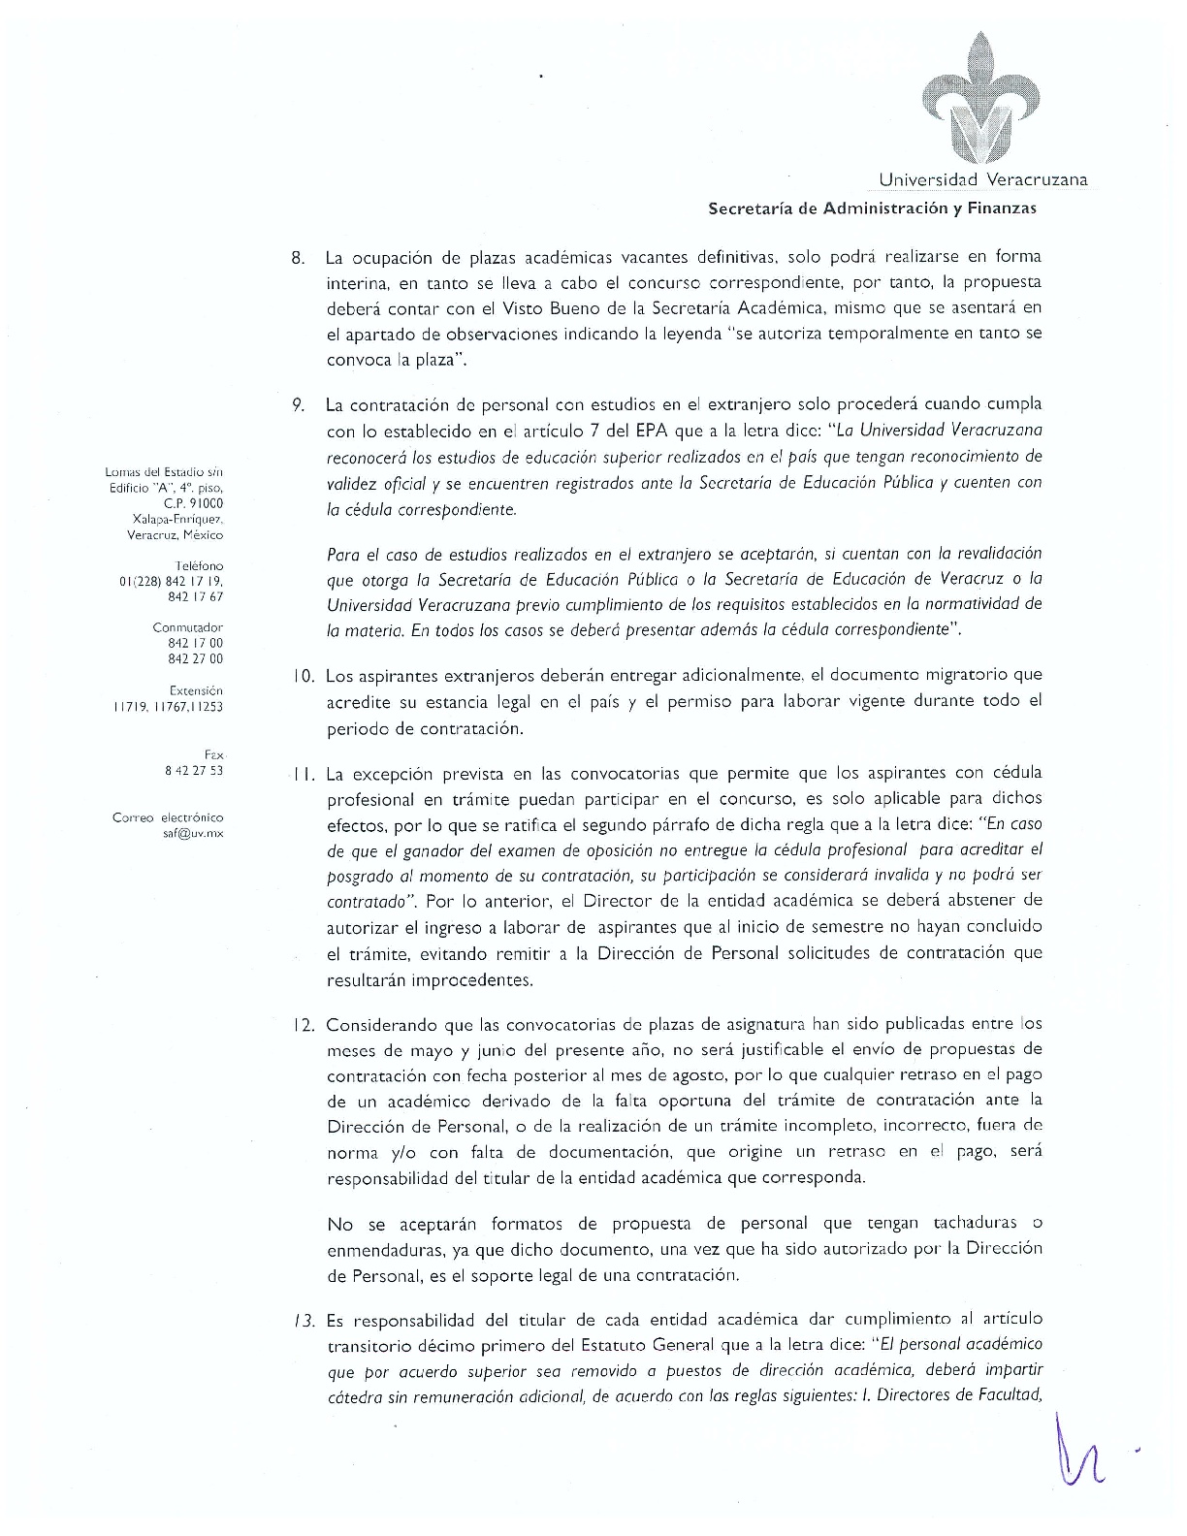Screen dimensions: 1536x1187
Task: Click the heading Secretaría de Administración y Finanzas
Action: point(872,208)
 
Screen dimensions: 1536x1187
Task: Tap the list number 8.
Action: point(298,258)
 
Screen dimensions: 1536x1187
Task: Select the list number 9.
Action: point(299,404)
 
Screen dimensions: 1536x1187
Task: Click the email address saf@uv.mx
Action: point(193,833)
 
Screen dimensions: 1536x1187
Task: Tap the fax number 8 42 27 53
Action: point(194,770)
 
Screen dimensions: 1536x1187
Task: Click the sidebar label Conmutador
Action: point(195,627)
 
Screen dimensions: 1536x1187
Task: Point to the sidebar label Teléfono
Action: point(199,565)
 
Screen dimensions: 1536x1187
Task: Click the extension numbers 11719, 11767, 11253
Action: point(168,706)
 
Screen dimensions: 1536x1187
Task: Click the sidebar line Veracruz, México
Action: point(176,534)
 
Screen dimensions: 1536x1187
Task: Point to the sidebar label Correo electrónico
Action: point(168,817)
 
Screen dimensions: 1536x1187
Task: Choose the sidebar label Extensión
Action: point(196,690)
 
